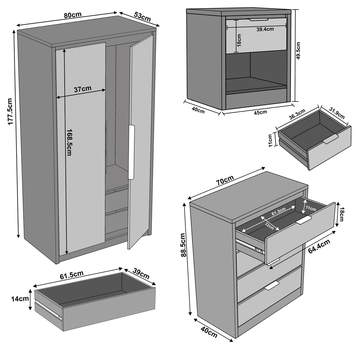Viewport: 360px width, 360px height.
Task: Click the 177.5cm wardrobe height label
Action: click(10, 111)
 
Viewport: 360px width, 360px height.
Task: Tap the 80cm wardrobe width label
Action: click(72, 15)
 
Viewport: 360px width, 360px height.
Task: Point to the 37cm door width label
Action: click(82, 89)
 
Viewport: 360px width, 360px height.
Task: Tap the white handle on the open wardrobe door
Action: click(131, 152)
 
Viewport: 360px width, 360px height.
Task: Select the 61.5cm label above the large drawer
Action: click(72, 276)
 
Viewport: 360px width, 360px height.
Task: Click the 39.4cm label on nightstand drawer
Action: click(265, 29)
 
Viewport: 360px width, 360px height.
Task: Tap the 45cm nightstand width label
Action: click(261, 112)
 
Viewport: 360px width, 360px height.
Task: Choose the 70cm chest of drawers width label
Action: click(224, 180)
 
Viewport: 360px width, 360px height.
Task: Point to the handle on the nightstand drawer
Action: click(258, 20)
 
